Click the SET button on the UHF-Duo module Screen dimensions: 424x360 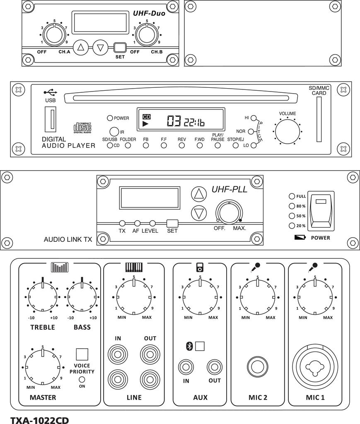pyautogui.click(x=120, y=47)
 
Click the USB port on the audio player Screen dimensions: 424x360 pyautogui.click(x=51, y=119)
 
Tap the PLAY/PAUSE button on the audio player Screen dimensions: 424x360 pyautogui.click(x=217, y=145)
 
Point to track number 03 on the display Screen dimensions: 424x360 pyautogui.click(x=174, y=121)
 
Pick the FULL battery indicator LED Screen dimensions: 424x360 pyautogui.click(x=292, y=196)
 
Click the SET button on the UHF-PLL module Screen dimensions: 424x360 pyautogui.click(x=172, y=223)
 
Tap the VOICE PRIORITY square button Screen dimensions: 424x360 pyautogui.click(x=82, y=354)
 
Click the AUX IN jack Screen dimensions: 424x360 pyautogui.click(x=186, y=366)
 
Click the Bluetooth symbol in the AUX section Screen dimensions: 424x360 pyautogui.click(x=189, y=346)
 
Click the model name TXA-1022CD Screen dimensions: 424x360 pyautogui.click(x=39, y=419)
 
